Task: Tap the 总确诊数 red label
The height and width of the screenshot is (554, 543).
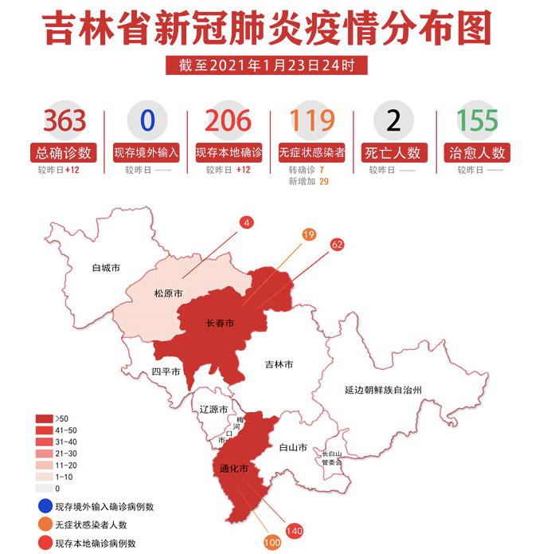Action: click(64, 151)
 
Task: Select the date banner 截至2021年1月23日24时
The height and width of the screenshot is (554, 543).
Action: click(267, 66)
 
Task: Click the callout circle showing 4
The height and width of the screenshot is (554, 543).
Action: click(248, 223)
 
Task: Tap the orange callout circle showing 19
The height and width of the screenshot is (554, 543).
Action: click(308, 234)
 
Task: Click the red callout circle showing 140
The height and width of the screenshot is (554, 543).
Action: click(295, 529)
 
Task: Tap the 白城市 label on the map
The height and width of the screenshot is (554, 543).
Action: click(106, 268)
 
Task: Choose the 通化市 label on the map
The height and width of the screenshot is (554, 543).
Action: click(234, 467)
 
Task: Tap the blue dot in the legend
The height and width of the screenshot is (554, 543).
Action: click(43, 506)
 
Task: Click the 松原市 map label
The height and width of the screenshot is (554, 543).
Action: click(168, 294)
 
